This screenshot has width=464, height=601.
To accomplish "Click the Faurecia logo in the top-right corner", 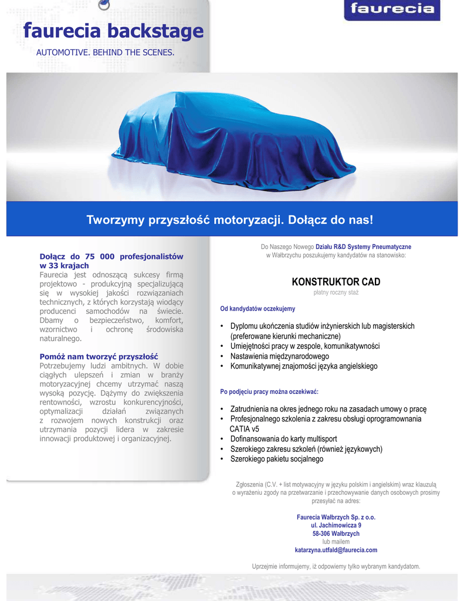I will pos(392,9).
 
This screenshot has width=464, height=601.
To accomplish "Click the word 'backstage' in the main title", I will pos(155,31).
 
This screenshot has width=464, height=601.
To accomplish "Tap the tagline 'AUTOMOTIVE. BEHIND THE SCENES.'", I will pos(106,53).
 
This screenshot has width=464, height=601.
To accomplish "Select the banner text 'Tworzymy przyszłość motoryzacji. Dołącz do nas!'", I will pos(230,220).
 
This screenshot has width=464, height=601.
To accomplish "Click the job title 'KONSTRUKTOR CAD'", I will pos(336,282).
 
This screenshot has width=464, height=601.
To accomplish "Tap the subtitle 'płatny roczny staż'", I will pos(336,292).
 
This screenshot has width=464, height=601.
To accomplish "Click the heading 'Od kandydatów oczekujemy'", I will pos(258,309).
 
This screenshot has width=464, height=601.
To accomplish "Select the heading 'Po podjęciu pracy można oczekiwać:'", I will pos(269,391).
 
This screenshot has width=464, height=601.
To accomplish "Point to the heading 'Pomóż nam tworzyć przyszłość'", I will pos(99,356).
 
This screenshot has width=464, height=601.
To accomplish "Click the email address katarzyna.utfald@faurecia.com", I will pos(336,550).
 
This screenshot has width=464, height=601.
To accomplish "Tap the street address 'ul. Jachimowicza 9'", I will pos(336,525).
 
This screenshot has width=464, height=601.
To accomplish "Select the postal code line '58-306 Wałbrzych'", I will pos(336,534).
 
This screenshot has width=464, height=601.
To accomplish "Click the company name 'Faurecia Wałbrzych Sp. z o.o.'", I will pos(336,517).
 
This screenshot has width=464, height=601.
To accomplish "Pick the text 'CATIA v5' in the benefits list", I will pos(245,429).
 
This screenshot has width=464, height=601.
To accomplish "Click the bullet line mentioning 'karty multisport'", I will pos(283,439).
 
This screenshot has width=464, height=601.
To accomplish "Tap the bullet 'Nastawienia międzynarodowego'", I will pos(279,356).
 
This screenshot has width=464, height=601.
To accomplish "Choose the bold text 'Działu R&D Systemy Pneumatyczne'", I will pos(364,247).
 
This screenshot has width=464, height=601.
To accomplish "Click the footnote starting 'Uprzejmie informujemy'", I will pos(336,566).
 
